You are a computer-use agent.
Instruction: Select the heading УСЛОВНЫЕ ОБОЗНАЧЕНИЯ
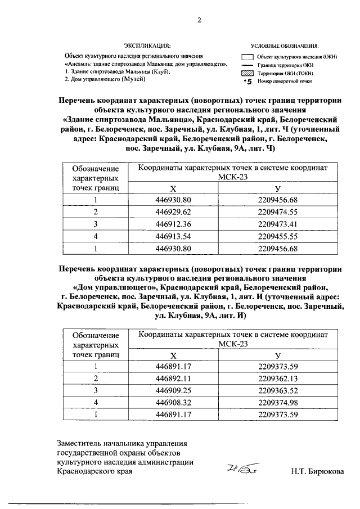point(285,46)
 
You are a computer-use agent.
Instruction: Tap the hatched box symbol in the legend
point(246,73)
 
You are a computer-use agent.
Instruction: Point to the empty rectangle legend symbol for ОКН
point(246,57)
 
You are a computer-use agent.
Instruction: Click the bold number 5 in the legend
point(247,82)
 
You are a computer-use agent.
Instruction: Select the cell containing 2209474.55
point(277,211)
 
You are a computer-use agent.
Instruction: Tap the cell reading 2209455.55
point(277,236)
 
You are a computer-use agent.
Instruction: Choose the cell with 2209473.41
point(277,223)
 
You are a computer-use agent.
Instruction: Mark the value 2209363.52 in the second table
point(277,390)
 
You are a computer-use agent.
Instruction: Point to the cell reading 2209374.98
point(277,402)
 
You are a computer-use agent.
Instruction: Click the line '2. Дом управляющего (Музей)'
point(105,79)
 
